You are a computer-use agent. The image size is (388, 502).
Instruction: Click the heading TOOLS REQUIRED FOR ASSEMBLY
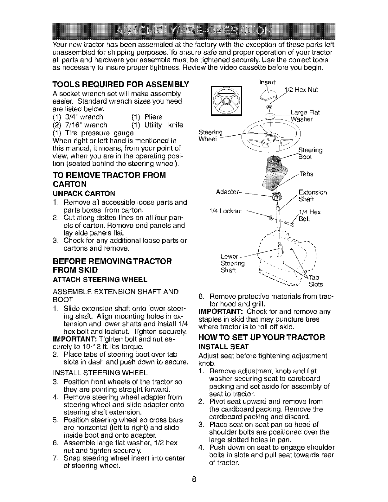tap(120, 84)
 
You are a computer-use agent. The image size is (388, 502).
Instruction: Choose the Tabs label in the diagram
tap(306, 174)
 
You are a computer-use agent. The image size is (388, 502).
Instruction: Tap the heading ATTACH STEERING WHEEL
tap(100, 280)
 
